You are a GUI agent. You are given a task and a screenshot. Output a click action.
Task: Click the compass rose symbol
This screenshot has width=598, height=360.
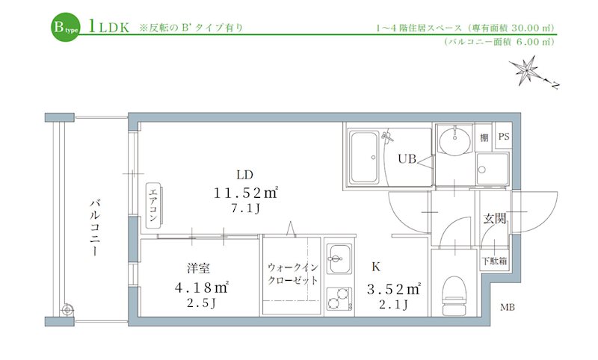(533, 73)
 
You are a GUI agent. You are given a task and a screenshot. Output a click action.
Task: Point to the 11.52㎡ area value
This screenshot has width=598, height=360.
(245, 193)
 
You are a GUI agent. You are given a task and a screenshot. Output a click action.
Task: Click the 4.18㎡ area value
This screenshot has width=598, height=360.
(200, 287)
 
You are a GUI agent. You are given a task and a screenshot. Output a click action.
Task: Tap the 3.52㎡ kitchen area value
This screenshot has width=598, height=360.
(393, 287)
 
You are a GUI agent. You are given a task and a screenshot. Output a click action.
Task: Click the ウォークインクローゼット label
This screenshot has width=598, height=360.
(293, 274)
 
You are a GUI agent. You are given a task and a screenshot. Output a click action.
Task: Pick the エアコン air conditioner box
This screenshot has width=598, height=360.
(152, 203)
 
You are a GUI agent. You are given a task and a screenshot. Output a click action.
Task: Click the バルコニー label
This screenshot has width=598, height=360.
(95, 229)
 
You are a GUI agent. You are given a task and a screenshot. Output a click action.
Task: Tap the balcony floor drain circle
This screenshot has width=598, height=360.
(68, 308)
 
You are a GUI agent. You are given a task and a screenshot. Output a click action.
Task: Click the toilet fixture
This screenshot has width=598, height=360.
(454, 294)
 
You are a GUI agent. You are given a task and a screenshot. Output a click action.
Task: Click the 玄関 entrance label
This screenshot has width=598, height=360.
(494, 219)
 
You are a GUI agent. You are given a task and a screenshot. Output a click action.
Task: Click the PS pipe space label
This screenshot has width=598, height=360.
(503, 137)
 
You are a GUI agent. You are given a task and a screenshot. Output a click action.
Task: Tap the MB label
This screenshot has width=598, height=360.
(508, 308)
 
